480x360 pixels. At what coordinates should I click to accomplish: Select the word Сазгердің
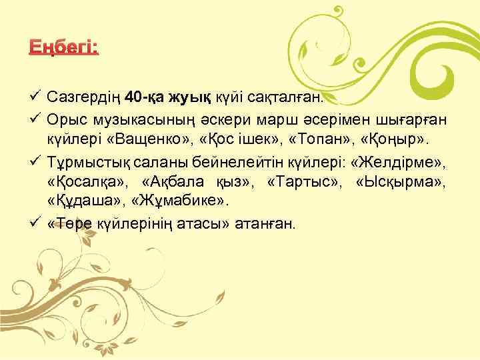point(84,99)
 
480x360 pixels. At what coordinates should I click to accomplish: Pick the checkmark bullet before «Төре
point(37,222)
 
